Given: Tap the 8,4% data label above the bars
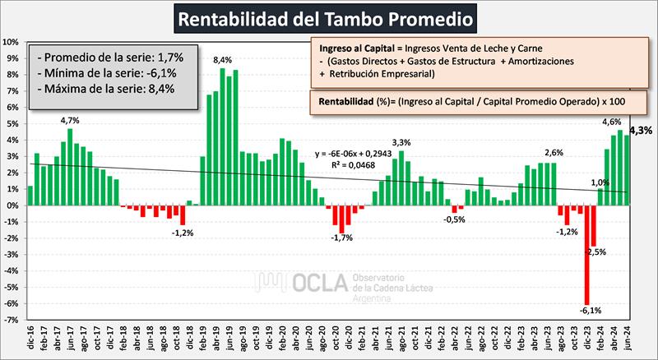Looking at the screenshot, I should pyautogui.click(x=222, y=60).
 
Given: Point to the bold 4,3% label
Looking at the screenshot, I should pyautogui.click(x=641, y=130).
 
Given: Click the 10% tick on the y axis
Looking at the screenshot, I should pyautogui.click(x=12, y=42).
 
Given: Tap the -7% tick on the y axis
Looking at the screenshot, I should pyautogui.click(x=12, y=321).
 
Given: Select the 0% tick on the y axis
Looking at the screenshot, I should pyautogui.click(x=13, y=205).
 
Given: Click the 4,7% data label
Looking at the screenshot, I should pyautogui.click(x=71, y=120).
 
